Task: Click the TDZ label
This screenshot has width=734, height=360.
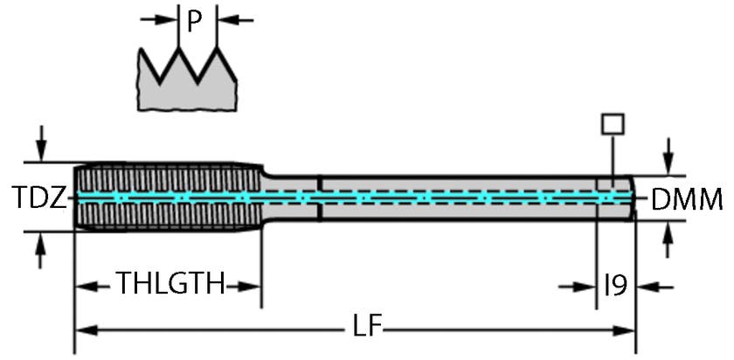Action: pos(39,200)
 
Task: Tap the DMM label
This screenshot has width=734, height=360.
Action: pos(687,201)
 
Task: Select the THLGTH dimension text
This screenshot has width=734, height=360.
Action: pos(170,285)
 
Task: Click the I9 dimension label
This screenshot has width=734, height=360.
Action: pos(617,285)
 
